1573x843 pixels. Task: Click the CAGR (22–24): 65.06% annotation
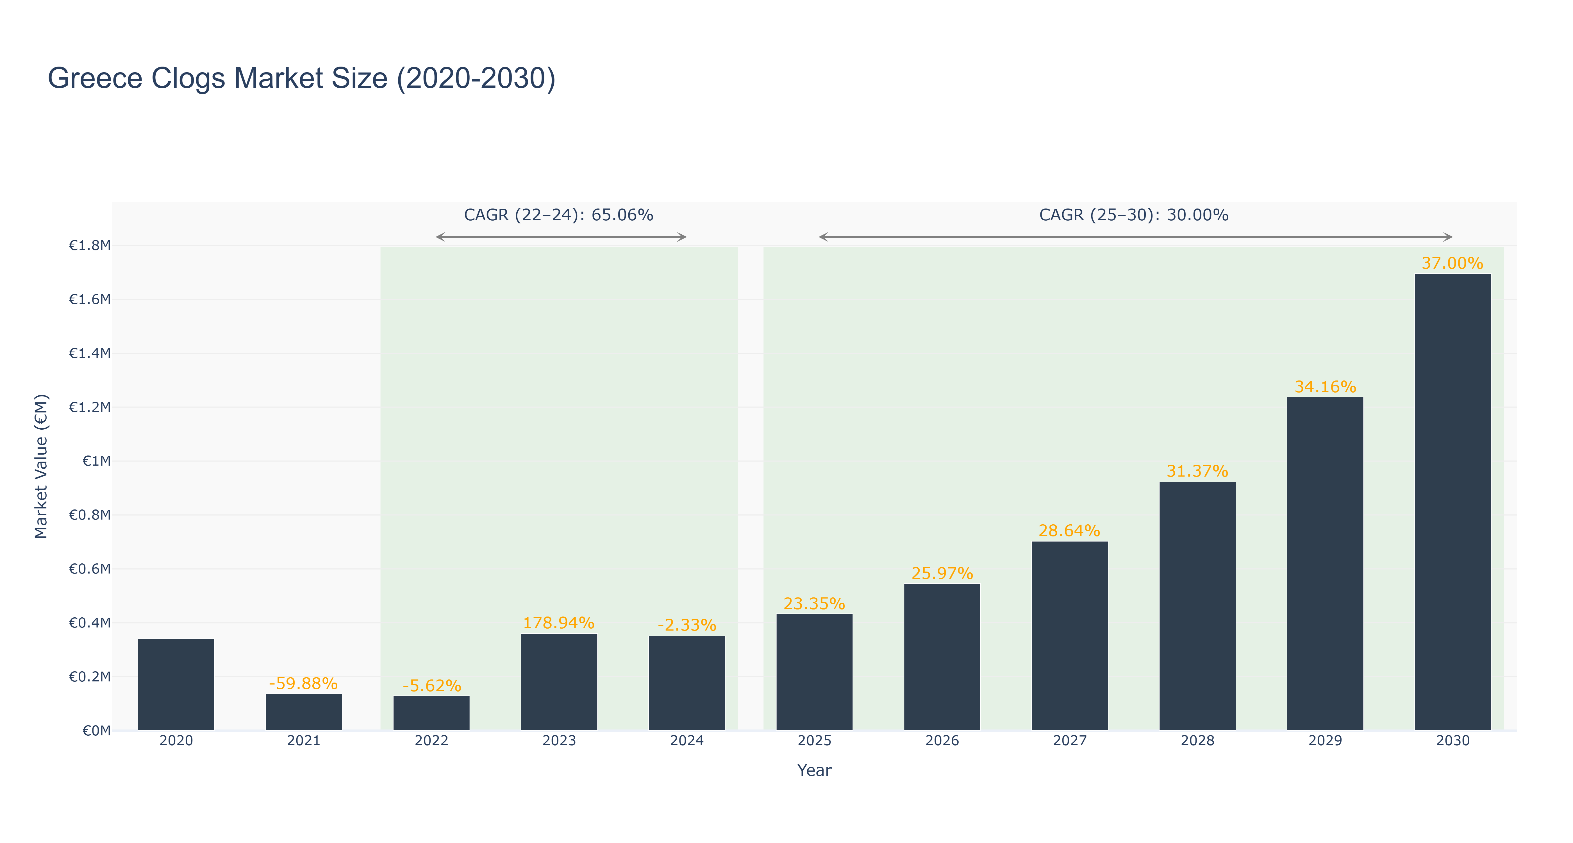click(559, 215)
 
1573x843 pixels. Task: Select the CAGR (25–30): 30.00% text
click(1134, 215)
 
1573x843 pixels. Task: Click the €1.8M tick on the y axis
click(90, 246)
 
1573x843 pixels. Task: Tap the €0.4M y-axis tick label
click(90, 622)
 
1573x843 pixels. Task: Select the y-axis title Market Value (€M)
click(41, 466)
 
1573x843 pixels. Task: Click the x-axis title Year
click(815, 770)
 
